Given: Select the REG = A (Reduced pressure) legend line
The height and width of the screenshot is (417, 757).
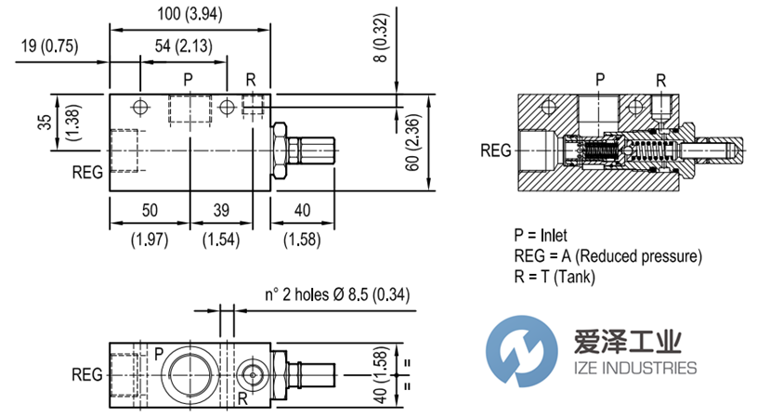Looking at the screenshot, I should click(607, 255).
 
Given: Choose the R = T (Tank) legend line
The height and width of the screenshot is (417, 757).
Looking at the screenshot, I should click(554, 276).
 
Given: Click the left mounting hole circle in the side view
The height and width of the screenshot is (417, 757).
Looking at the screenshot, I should click(140, 106).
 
